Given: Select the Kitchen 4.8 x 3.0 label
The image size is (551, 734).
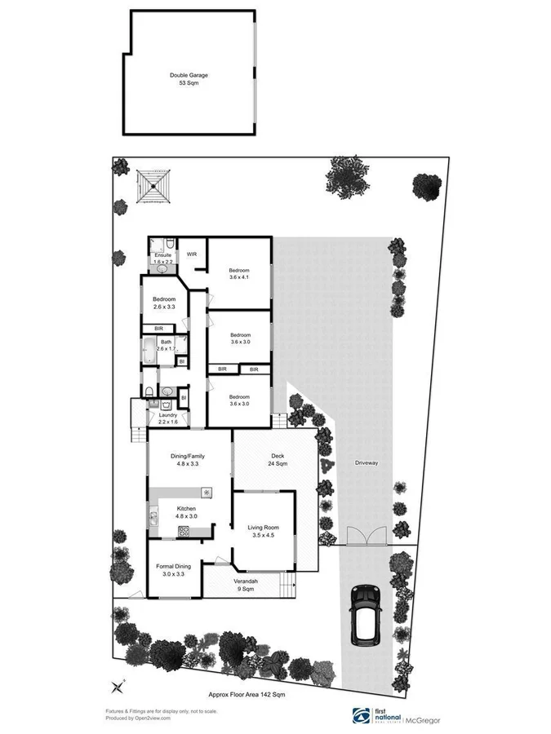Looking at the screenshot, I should [x=187, y=511].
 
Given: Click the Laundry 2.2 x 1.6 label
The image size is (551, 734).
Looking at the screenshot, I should [x=162, y=418].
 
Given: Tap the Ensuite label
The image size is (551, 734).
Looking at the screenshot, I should [x=162, y=258].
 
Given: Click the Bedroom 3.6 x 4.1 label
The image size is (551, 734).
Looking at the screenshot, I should [x=238, y=274].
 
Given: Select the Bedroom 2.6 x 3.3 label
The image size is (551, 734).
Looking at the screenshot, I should [x=165, y=303].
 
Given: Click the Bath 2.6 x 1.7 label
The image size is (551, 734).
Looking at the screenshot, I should [x=167, y=345].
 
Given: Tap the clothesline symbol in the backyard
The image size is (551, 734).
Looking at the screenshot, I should [x=153, y=186].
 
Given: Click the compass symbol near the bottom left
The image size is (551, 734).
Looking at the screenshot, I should [x=118, y=686].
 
